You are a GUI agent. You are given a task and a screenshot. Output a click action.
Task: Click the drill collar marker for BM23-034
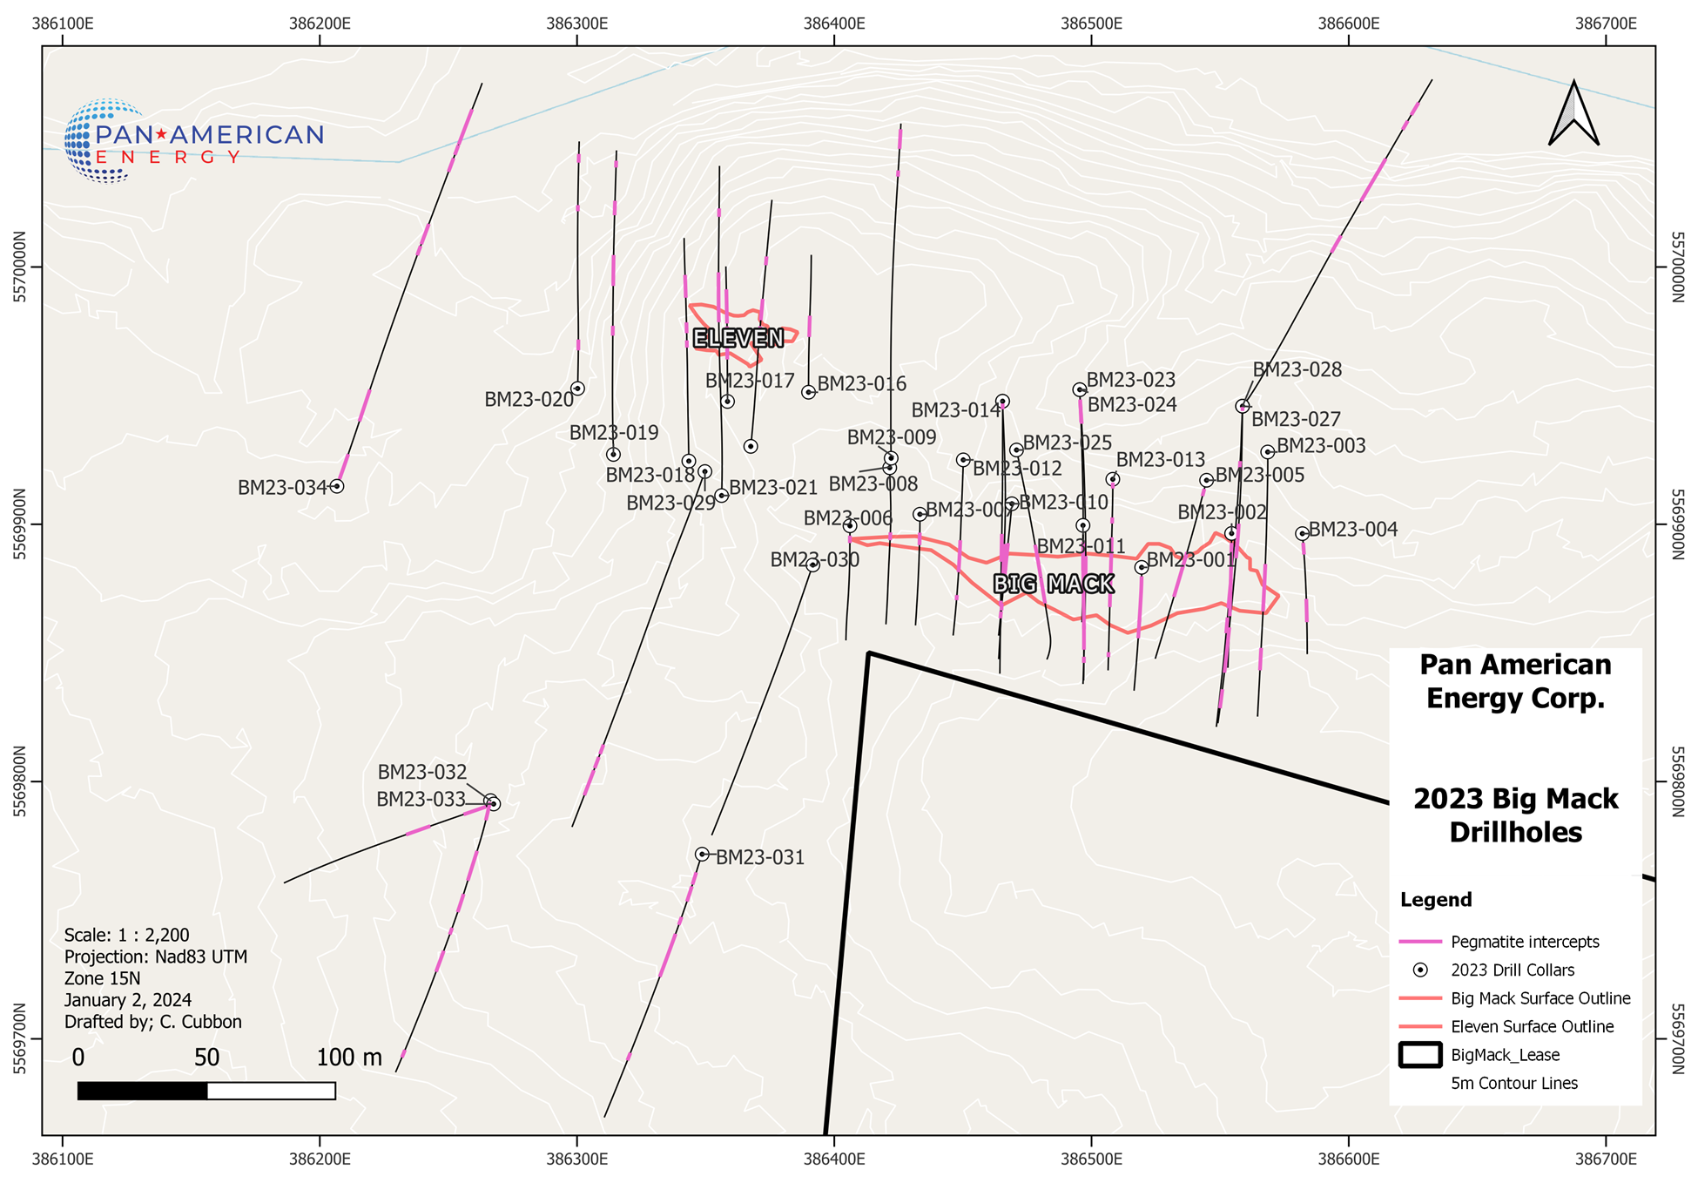coord(337,486)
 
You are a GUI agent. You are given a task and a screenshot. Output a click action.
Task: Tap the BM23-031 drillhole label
coord(759,858)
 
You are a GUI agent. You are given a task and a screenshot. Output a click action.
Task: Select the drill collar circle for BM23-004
coord(1302,534)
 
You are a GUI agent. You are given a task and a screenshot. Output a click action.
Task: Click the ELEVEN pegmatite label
coord(738,338)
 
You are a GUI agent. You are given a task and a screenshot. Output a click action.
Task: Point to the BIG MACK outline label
coord(1054,584)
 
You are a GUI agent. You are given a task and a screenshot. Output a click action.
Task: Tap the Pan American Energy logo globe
coord(103,140)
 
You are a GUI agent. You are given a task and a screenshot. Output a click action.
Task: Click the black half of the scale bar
coord(143,1091)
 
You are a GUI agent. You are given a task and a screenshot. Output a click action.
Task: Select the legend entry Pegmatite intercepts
coord(1524,942)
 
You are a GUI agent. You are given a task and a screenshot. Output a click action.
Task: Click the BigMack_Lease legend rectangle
coord(1419,1055)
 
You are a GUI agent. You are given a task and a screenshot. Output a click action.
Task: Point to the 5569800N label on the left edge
coord(20,781)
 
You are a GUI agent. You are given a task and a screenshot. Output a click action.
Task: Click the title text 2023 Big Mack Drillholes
coord(1515,815)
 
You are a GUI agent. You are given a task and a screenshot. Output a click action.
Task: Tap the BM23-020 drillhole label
coord(529,400)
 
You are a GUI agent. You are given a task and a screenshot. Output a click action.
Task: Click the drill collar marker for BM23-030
coord(812,565)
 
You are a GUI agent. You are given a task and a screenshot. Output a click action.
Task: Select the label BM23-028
coord(1297,370)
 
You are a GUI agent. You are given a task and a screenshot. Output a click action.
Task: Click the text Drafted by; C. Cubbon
coord(153,1022)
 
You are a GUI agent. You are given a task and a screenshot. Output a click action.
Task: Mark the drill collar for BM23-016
coord(808,392)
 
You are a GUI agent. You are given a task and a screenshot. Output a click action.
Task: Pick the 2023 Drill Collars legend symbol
coord(1419,970)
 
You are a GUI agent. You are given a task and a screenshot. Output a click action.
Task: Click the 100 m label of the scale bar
coord(348,1058)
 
